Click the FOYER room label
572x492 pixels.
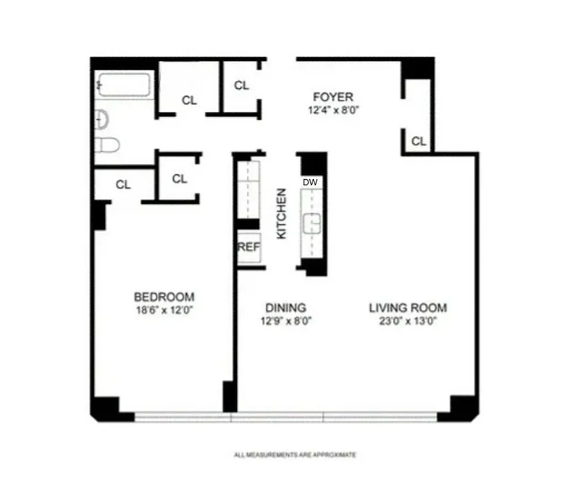(x=332, y=97)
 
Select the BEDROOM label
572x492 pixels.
(x=164, y=296)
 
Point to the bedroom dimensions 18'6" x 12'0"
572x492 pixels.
(x=164, y=310)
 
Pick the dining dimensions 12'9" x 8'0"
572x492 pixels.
(x=285, y=320)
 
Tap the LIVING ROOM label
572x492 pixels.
(x=408, y=307)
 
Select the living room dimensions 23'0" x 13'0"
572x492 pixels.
(x=408, y=320)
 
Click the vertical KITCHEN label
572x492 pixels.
(x=281, y=213)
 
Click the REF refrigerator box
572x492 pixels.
(x=249, y=248)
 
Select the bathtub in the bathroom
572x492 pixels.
(x=125, y=85)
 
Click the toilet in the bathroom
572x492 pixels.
(x=107, y=145)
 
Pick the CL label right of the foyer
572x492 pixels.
(x=419, y=141)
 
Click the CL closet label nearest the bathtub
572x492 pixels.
(x=190, y=100)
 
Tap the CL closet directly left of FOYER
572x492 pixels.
(x=241, y=85)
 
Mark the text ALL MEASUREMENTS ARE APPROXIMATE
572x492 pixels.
(x=295, y=455)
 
